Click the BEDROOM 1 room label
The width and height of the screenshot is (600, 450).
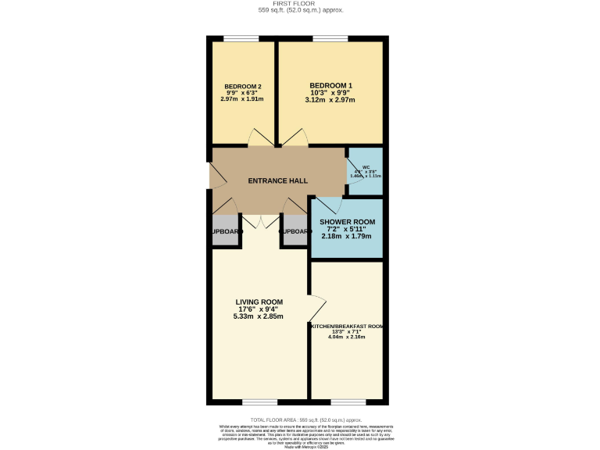(x=330, y=85)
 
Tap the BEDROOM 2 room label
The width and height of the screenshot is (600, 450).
(x=242, y=86)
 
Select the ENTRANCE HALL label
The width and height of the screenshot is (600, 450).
(x=277, y=180)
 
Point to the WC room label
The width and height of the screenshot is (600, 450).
(x=366, y=167)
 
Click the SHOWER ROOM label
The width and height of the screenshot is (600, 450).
(x=347, y=222)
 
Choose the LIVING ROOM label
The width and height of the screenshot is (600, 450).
(x=259, y=302)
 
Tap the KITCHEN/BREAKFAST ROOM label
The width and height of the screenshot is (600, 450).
(x=347, y=326)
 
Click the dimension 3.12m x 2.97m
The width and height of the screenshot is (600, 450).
(x=330, y=100)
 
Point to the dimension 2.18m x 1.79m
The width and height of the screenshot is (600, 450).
(x=347, y=236)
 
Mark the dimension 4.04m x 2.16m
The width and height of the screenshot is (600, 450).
(x=347, y=337)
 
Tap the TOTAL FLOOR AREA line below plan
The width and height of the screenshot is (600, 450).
(x=300, y=420)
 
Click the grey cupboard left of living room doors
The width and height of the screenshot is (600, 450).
(x=224, y=232)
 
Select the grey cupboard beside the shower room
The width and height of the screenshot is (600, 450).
(x=295, y=232)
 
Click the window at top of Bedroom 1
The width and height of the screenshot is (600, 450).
(x=324, y=38)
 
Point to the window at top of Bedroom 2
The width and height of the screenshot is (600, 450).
(x=236, y=38)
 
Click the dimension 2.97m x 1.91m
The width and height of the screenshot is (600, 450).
(x=242, y=99)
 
